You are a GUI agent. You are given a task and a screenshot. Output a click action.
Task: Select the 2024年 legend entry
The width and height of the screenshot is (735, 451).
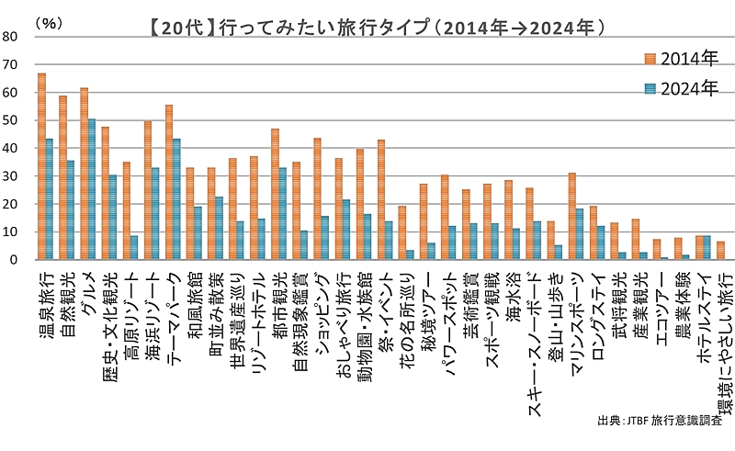click(680, 88)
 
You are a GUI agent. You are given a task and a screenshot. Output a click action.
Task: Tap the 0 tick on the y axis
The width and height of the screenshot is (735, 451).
click(13, 260)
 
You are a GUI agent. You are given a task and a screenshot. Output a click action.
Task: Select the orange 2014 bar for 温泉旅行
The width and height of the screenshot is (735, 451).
click(41, 166)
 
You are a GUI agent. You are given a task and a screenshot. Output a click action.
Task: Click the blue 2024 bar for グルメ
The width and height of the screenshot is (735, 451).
click(91, 189)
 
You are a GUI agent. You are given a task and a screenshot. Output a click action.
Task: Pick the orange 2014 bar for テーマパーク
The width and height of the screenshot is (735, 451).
click(169, 182)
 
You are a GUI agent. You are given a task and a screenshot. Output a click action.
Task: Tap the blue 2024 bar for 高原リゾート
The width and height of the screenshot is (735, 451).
click(134, 248)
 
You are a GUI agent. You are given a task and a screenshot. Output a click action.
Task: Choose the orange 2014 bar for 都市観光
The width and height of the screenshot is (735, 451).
click(275, 194)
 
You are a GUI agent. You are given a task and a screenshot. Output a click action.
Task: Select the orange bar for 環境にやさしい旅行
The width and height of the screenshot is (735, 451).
click(720, 251)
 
